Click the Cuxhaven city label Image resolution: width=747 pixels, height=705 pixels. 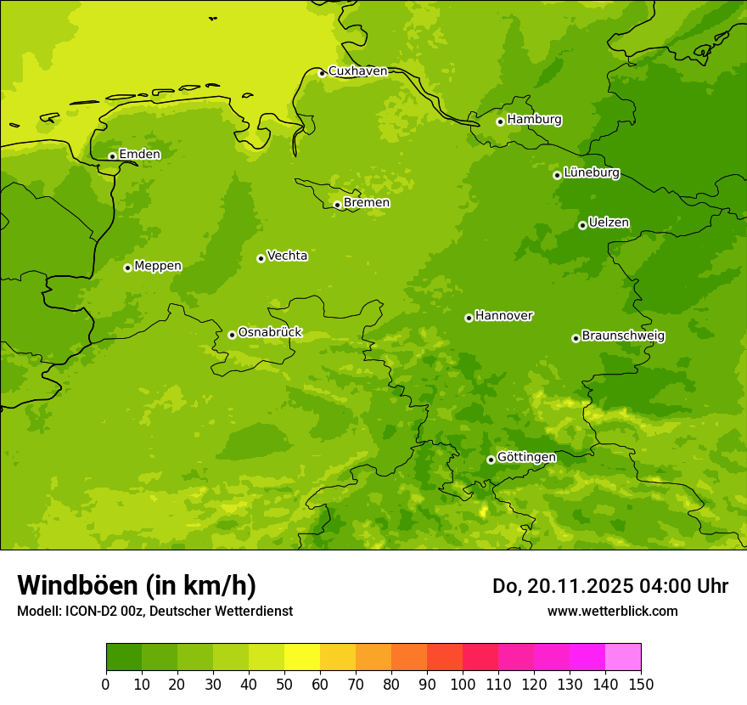click(x=357, y=71)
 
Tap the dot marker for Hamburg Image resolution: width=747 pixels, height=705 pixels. click(x=500, y=121)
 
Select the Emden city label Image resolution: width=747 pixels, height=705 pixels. click(x=139, y=154)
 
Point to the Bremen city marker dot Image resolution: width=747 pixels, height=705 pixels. click(x=337, y=205)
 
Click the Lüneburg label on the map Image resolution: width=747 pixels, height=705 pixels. click(x=591, y=172)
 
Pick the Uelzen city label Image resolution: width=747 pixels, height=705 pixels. click(x=609, y=223)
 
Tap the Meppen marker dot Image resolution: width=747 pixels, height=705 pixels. click(x=127, y=268)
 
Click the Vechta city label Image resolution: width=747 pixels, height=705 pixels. click(x=287, y=256)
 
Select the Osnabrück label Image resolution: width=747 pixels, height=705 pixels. click(x=270, y=332)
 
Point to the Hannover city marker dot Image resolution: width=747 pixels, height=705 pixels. click(x=469, y=318)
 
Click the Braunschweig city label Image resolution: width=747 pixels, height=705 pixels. click(x=623, y=336)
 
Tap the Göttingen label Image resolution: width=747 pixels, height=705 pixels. click(x=526, y=457)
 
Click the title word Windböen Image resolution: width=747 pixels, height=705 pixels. click(x=77, y=585)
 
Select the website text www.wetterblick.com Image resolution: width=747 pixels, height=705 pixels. click(x=612, y=611)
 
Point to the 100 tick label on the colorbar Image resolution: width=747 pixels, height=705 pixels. click(x=463, y=684)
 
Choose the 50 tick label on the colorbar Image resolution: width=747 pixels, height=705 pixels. click(x=284, y=684)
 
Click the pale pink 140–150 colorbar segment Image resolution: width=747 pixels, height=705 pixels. click(x=623, y=657)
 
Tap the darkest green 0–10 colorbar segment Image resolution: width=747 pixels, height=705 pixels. click(x=124, y=657)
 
